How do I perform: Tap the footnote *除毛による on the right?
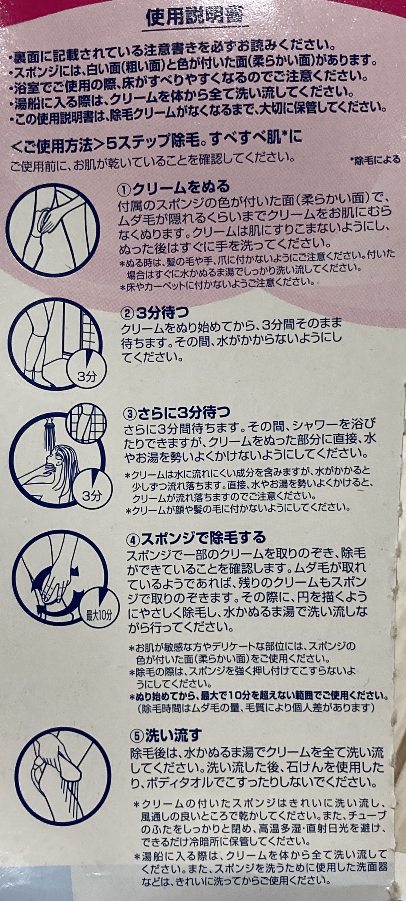tap(375, 160)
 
